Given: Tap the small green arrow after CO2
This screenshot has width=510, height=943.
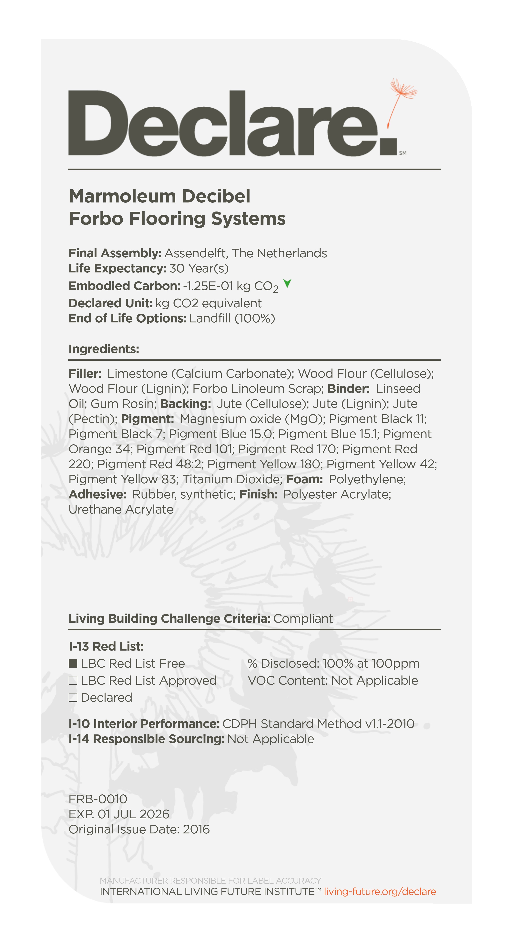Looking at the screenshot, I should tap(287, 283).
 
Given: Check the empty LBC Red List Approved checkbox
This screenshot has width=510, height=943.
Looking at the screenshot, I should tap(73, 680).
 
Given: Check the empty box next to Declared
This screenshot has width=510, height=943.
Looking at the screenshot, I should tap(73, 697).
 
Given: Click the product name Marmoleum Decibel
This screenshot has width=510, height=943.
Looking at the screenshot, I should tap(159, 196).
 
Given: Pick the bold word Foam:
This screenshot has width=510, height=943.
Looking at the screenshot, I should tap(304, 479).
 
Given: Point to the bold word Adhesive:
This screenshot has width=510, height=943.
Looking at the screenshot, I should tap(97, 494).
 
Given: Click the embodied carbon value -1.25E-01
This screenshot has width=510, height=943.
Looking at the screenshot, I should tap(208, 286).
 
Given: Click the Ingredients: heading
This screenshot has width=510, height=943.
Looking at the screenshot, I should tap(104, 349).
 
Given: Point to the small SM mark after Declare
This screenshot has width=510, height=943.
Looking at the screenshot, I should tap(403, 153).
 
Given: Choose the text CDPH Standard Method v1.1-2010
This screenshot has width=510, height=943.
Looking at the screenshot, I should tap(318, 724).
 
